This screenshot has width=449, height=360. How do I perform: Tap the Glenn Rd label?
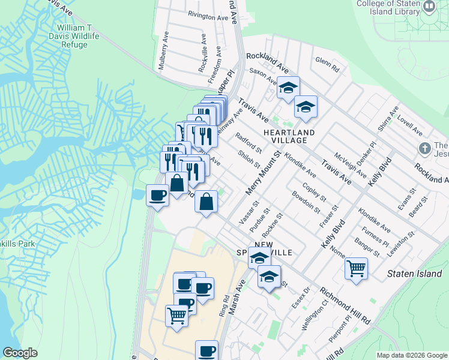[x=327, y=65]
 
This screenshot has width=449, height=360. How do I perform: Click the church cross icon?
[x=424, y=148]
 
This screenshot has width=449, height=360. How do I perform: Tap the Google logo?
[x=20, y=353]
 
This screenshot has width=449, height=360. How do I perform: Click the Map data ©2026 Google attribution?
[x=411, y=355]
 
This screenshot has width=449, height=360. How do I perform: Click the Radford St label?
[x=249, y=143]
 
